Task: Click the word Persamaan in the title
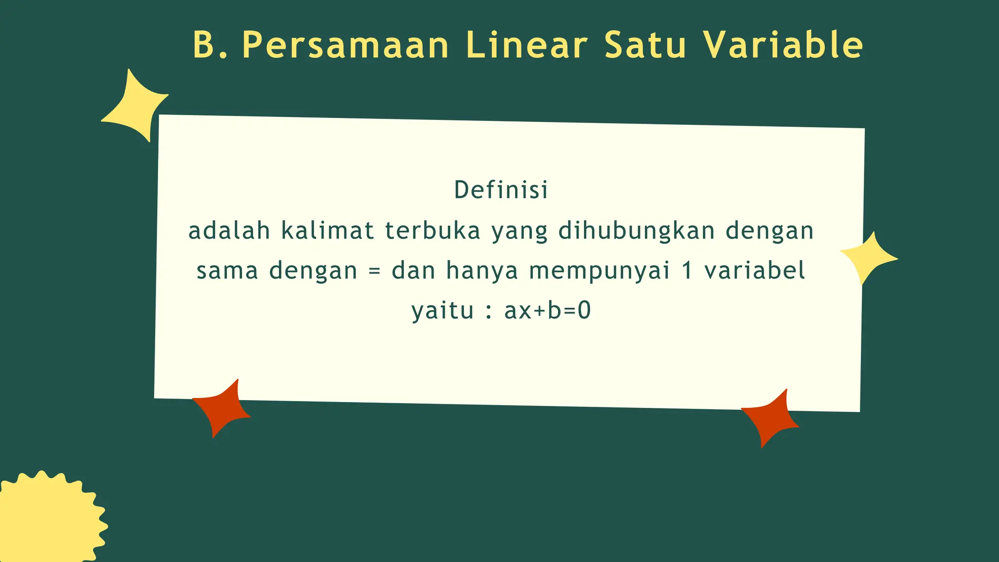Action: (x=345, y=45)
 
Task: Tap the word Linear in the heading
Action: (x=526, y=45)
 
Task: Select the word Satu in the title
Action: (x=645, y=45)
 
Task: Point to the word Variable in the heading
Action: (x=783, y=45)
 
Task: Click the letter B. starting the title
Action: (x=210, y=45)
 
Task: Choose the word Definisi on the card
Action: (x=501, y=190)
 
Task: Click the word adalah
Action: (x=229, y=231)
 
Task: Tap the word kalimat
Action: (x=328, y=231)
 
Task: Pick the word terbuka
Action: (x=433, y=231)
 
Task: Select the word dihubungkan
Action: (x=637, y=231)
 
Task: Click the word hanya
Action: (x=482, y=271)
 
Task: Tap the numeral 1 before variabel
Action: (x=687, y=271)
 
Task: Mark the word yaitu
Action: (x=442, y=311)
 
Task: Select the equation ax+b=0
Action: (x=547, y=311)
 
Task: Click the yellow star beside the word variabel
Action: (x=868, y=257)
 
